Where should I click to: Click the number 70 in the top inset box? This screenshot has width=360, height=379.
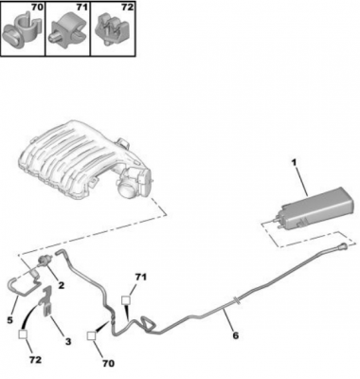point(38,8)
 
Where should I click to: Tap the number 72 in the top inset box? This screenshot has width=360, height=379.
point(128,8)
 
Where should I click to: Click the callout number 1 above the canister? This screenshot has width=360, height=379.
point(294,163)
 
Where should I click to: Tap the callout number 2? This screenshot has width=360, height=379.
point(62,285)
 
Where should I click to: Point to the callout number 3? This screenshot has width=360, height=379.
point(68,341)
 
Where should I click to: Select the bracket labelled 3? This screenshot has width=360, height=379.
point(45,301)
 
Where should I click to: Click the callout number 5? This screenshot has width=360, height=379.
point(9,320)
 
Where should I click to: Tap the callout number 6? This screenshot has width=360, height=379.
point(236,335)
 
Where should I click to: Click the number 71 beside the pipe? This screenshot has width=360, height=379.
point(141,277)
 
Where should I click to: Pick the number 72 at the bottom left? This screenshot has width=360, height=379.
point(35,360)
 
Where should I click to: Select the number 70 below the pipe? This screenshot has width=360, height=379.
point(108,364)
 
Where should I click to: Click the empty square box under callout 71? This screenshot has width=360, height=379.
point(126,299)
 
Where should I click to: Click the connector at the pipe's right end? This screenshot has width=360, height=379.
point(343,246)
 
